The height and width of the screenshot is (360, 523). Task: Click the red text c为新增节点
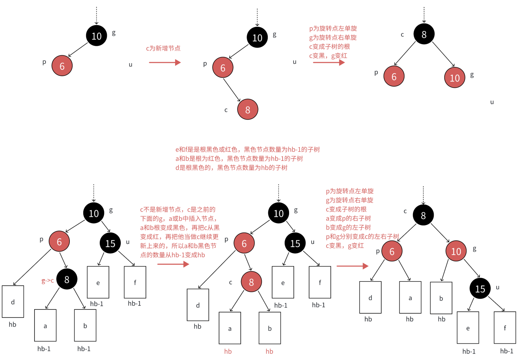[x=163, y=48]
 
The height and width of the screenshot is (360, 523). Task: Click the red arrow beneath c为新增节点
[x=164, y=62]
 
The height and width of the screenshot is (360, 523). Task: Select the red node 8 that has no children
[x=247, y=109]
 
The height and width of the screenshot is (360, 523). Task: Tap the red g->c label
[x=48, y=281]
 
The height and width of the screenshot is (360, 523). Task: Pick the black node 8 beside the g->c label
[x=67, y=279]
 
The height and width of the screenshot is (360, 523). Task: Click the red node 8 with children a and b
[x=251, y=282]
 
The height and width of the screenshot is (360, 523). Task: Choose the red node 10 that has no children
[x=455, y=78]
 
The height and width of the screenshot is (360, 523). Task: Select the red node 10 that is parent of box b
[x=456, y=251]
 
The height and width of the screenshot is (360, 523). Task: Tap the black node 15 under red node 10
[x=480, y=288]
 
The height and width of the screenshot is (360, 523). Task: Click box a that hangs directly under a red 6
[x=410, y=298]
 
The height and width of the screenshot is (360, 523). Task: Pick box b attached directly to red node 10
[x=441, y=298]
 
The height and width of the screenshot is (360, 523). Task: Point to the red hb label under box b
[x=270, y=351]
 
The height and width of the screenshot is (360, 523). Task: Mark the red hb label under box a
[x=228, y=351]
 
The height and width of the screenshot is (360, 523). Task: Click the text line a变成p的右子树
[x=348, y=218]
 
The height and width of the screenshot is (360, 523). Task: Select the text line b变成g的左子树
[x=348, y=227]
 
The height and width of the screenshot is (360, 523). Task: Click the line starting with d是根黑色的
[x=231, y=168]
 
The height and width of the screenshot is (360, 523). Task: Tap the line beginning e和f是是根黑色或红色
[x=247, y=150]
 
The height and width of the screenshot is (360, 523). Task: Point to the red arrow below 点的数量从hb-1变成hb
[x=173, y=264]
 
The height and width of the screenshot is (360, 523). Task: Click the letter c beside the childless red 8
[x=226, y=110]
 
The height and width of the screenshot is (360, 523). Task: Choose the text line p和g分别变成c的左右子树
[x=362, y=236]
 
